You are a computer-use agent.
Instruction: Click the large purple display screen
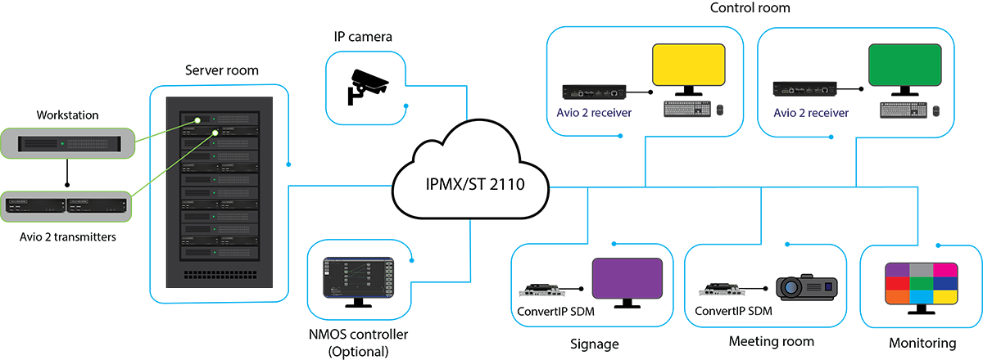click(627, 278)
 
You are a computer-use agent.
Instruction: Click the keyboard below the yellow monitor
click(691, 109)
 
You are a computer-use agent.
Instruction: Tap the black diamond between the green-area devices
click(65, 173)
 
